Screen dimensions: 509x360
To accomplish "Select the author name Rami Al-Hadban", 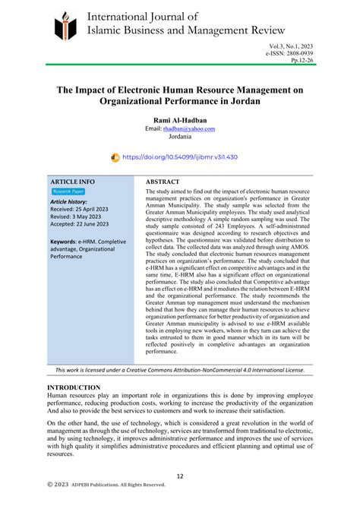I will (180, 119).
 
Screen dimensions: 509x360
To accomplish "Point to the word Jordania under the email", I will (180, 138).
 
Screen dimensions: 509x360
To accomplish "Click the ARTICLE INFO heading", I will (73, 182).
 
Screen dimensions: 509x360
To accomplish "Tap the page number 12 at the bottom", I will (180, 476).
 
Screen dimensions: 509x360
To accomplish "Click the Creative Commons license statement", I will (180, 370).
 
